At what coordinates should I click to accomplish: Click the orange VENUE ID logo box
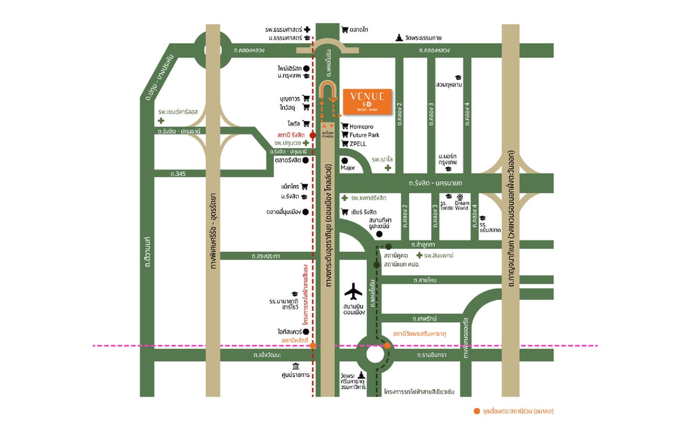point(367,101)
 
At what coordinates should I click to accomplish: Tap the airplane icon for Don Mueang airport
point(354,291)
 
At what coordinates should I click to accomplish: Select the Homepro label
point(362,127)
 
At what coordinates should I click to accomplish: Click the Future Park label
point(364,135)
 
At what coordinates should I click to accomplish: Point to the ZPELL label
point(358,144)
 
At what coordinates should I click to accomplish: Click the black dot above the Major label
point(344,160)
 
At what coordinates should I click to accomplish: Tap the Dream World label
point(461,205)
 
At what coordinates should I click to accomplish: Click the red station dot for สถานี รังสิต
point(313,135)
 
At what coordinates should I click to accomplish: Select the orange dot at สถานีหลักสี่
point(313,345)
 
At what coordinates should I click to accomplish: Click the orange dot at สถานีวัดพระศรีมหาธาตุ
point(387,345)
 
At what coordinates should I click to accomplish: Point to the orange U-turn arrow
point(328,92)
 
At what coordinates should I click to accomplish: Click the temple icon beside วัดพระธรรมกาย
point(399,37)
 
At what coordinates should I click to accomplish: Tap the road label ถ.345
point(177,173)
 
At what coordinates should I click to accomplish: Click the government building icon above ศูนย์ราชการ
point(296,366)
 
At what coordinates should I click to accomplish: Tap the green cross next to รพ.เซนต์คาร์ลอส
point(161,121)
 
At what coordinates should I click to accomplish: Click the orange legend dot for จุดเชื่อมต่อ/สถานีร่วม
point(476,411)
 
